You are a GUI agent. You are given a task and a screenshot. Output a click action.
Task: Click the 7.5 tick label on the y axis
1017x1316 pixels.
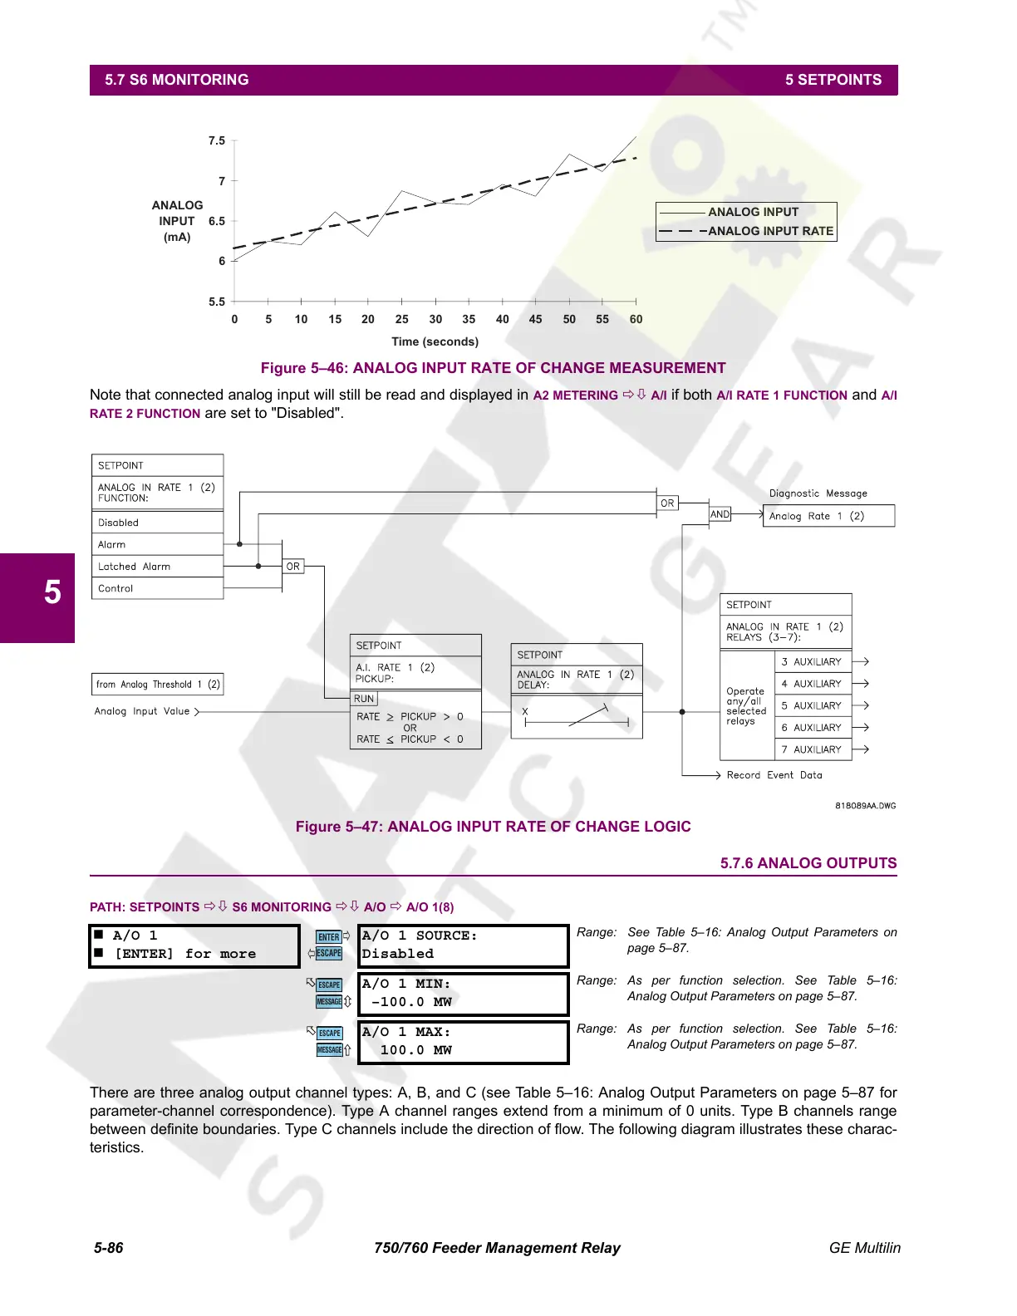coord(216,140)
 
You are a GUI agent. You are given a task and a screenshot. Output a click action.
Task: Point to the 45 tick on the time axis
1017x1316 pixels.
coord(535,319)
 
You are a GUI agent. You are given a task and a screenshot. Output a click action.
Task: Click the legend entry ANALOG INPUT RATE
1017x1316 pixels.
coord(770,231)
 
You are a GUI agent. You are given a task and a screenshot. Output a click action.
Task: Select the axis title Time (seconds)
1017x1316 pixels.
coord(435,341)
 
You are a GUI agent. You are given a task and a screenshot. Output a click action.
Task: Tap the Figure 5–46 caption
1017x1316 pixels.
coord(493,368)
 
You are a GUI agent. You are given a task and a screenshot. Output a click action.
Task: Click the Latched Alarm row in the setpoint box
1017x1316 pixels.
coord(157,567)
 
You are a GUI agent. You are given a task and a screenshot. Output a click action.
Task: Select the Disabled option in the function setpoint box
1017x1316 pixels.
coord(157,523)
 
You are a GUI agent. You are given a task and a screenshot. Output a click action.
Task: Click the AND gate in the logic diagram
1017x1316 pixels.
coord(720,514)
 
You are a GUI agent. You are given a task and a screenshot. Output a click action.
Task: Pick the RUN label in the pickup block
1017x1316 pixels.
coord(364,699)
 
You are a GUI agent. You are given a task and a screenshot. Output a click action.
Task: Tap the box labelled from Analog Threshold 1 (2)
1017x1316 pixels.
coord(158,685)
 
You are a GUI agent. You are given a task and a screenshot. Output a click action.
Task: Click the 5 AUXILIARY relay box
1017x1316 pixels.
coord(813,705)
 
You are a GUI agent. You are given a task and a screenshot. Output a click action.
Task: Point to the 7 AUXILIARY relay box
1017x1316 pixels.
coord(813,749)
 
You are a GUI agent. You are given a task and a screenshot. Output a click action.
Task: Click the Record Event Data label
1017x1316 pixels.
coord(774,775)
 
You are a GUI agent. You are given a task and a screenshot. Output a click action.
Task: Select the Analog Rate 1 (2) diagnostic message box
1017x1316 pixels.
coord(828,516)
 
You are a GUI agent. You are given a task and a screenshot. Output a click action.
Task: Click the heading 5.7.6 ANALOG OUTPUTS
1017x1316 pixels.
coord(808,863)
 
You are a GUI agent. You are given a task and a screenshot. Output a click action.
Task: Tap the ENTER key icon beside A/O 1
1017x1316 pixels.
coord(329,937)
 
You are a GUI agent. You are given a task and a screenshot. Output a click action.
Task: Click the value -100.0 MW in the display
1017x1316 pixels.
coord(412,1002)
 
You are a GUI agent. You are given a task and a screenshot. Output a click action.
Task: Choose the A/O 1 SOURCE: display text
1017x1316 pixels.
coord(420,935)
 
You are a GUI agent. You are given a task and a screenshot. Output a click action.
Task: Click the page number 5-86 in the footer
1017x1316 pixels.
coord(109,1248)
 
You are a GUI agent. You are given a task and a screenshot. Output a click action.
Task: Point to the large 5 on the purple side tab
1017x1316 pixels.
coord(52,592)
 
